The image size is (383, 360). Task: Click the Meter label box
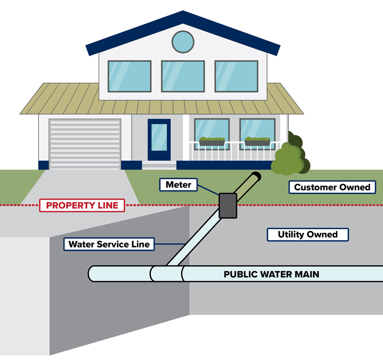pyautogui.click(x=178, y=184)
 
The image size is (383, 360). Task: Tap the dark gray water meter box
pyautogui.click(x=227, y=205)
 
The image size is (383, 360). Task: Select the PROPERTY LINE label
pyautogui.click(x=82, y=206)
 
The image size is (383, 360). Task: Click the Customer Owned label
pyautogui.click(x=332, y=187)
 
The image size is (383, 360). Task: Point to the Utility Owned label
pyautogui.click(x=307, y=234)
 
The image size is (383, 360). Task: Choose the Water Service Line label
pyautogui.click(x=109, y=244)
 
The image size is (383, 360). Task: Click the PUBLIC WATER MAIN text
pyautogui.click(x=271, y=274)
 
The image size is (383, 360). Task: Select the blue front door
pyautogui.click(x=159, y=139)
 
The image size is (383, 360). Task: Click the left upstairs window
pyautogui.click(x=129, y=76)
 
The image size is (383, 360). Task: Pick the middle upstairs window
pyautogui.click(x=183, y=76)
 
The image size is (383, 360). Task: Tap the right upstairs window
pyautogui.click(x=236, y=76)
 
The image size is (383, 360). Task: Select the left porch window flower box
pyautogui.click(x=211, y=141)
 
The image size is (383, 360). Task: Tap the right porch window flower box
pyautogui.click(x=257, y=141)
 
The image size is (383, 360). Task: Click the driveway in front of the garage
pyautogui.click(x=87, y=186)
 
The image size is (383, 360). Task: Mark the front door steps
pyautogui.click(x=159, y=165)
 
